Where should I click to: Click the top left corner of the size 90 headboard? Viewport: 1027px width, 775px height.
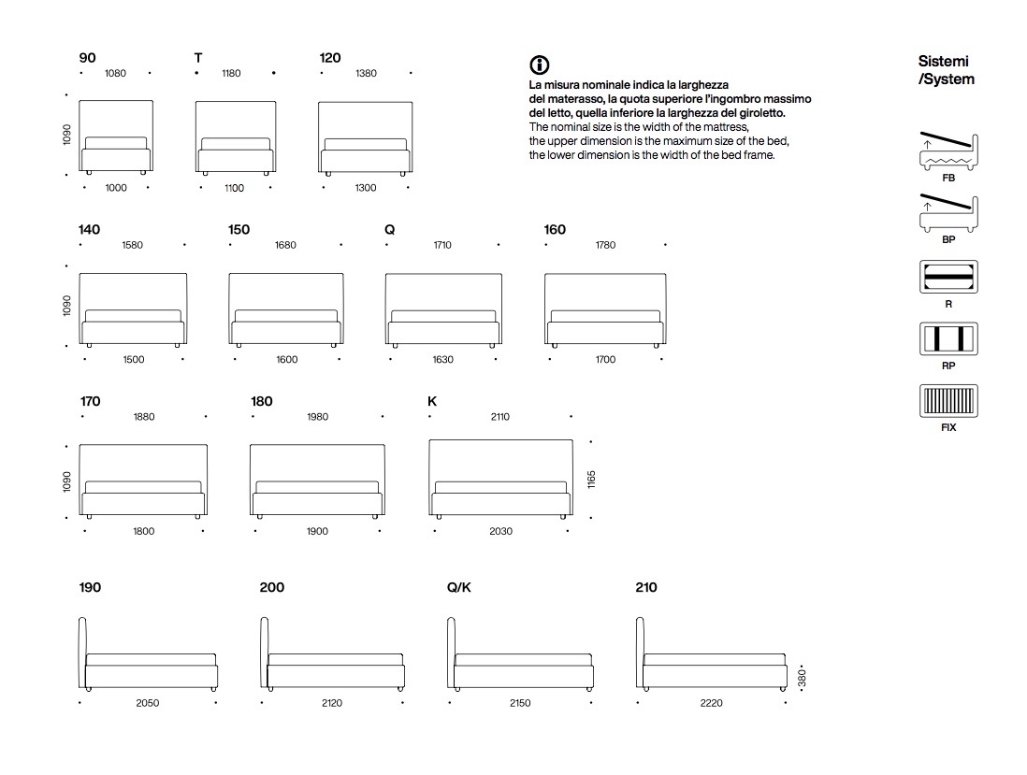[80, 101]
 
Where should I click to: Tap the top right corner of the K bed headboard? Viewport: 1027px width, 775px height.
[572, 440]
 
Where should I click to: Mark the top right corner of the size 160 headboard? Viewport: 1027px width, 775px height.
[665, 274]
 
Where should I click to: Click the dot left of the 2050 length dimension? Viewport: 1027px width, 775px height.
[80, 703]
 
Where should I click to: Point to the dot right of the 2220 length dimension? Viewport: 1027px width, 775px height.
[786, 703]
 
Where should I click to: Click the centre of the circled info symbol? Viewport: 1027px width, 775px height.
[539, 65]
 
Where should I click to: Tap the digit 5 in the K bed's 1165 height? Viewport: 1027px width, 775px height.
[591, 473]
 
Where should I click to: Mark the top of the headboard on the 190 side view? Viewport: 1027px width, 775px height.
[82, 618]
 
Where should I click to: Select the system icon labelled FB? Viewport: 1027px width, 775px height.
[948, 151]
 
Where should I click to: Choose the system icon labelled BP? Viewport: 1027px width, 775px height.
[948, 213]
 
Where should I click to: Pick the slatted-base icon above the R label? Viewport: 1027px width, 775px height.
[948, 277]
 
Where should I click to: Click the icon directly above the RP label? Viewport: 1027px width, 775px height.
[948, 338]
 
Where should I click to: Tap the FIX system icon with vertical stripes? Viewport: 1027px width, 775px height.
[948, 401]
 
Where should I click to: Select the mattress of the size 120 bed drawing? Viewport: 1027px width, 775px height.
[366, 145]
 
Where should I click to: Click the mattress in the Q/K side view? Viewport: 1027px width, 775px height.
[524, 660]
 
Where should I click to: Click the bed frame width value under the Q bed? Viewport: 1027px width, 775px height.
[442, 359]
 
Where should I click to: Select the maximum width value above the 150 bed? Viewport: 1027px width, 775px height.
[285, 245]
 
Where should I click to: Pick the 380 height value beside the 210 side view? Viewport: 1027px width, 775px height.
[803, 678]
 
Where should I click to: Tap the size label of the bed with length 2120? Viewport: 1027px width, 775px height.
[272, 587]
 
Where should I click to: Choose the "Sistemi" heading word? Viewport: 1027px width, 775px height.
[943, 61]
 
